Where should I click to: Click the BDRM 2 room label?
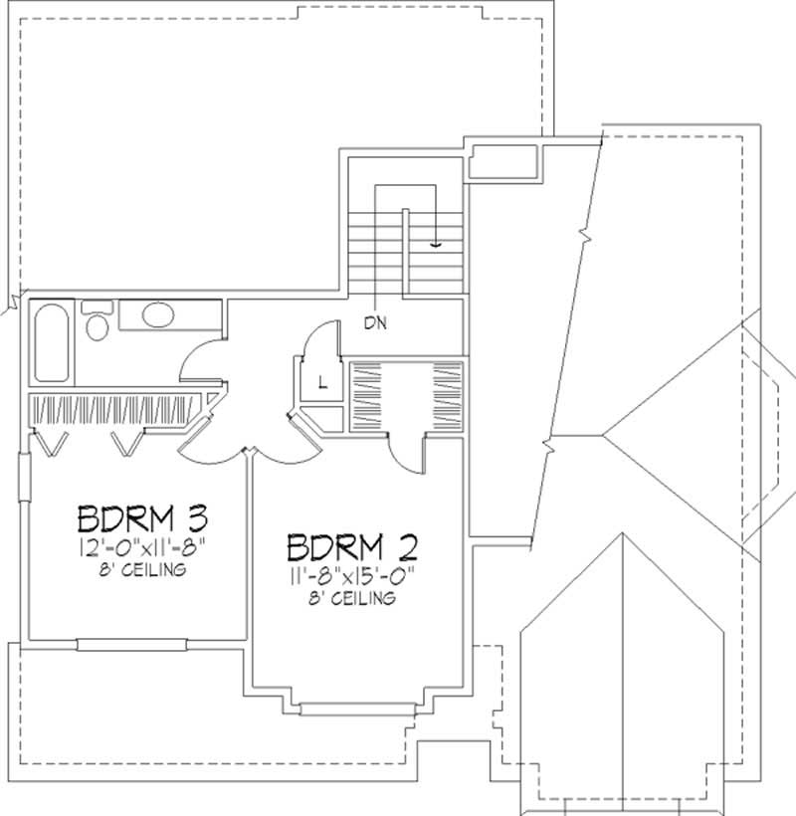[351, 547]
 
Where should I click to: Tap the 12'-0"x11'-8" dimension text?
[140, 548]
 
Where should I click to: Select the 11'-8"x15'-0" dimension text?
[351, 575]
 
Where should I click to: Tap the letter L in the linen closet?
[321, 381]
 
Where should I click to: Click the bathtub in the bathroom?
[50, 343]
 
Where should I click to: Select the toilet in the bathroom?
[98, 323]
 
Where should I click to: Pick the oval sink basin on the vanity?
[158, 316]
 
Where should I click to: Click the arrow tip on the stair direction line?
[436, 244]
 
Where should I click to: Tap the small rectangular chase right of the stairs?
[504, 161]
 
